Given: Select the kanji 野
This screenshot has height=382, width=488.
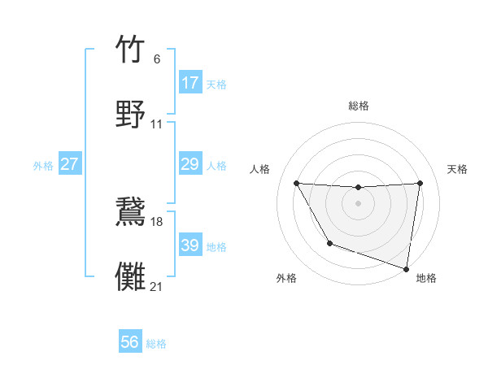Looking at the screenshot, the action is click(131, 114).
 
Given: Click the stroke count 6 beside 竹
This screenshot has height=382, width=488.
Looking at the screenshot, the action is click(156, 59).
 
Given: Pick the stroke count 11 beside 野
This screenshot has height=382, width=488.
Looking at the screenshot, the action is click(157, 124).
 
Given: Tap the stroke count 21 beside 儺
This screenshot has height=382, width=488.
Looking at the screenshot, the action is click(157, 286).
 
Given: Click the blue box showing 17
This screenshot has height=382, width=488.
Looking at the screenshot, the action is click(190, 83).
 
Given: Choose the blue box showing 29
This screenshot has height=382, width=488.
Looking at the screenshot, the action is click(190, 164).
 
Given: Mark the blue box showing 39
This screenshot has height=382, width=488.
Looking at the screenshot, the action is click(190, 245).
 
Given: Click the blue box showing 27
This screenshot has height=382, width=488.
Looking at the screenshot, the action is click(69, 164).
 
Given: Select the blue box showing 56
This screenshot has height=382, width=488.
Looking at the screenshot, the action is click(129, 342).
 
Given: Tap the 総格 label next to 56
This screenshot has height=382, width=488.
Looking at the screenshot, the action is click(156, 344).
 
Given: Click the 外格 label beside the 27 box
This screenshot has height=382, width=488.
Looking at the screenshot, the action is click(43, 165).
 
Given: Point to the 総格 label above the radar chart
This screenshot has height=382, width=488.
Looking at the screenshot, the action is click(359, 106).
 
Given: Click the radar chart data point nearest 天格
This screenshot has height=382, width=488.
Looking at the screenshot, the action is click(420, 183).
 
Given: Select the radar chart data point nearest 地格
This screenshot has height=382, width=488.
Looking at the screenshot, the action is click(406, 267).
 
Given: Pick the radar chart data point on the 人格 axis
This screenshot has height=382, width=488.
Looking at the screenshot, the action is click(297, 183).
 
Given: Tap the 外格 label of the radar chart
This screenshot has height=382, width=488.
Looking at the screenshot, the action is click(286, 278).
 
